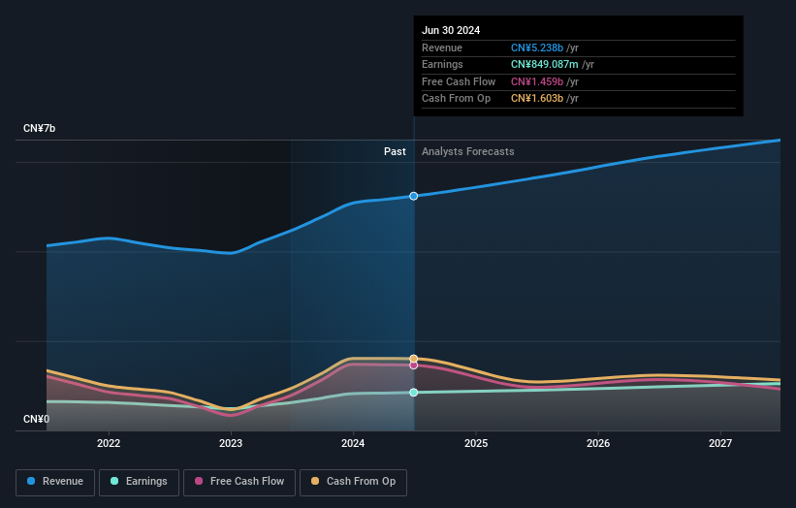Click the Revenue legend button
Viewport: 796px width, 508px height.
pyautogui.click(x=56, y=481)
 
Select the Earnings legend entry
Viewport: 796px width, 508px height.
pyautogui.click(x=139, y=481)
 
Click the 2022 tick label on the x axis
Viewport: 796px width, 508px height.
pyautogui.click(x=109, y=443)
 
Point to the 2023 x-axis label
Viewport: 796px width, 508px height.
pyautogui.click(x=231, y=443)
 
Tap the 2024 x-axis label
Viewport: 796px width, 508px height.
pyautogui.click(x=353, y=443)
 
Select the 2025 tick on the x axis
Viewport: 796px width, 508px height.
pyautogui.click(x=476, y=443)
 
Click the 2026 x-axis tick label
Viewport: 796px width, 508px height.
pyautogui.click(x=598, y=443)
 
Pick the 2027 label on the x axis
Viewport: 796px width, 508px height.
pyautogui.click(x=720, y=443)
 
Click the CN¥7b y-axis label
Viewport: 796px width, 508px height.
pyautogui.click(x=40, y=129)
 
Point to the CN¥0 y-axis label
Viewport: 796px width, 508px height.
pyautogui.click(x=37, y=420)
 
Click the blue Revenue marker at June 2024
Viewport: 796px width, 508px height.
pyautogui.click(x=414, y=196)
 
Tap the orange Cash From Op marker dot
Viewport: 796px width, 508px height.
pyautogui.click(x=414, y=359)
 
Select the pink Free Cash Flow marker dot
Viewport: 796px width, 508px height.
pyautogui.click(x=414, y=365)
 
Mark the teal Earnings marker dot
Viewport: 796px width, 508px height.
pyautogui.click(x=414, y=393)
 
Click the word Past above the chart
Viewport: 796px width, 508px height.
pyautogui.click(x=395, y=151)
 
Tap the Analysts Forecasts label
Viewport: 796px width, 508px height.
pyautogui.click(x=467, y=151)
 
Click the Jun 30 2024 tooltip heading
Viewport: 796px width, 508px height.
pyautogui.click(x=451, y=31)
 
